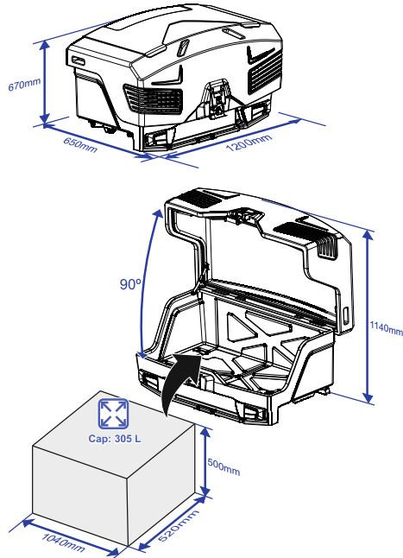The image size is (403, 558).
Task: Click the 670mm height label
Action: tap(24, 85)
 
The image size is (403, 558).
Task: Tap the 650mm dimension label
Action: tap(80, 144)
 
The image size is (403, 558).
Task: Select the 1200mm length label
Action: tap(249, 143)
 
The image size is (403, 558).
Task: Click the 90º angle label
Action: tap(130, 284)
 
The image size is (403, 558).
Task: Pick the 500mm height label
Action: tap(224, 466)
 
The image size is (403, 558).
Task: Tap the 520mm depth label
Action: tap(178, 525)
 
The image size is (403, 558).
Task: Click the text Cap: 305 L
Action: tap(115, 439)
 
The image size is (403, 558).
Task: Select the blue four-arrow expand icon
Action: tap(114, 414)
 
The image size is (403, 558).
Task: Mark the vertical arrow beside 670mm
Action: tap(45, 82)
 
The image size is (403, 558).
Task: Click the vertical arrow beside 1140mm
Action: tap(368, 317)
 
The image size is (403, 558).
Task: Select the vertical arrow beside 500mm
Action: tap(205, 461)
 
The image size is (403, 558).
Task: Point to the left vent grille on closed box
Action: tap(153, 98)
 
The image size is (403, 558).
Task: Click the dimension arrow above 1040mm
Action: tap(71, 535)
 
